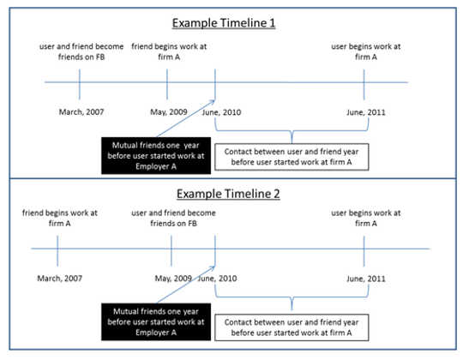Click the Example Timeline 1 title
224,23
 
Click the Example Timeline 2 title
228,194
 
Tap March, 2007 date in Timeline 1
81,112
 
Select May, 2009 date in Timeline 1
169,112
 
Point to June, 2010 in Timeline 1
221,112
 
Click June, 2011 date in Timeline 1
366,112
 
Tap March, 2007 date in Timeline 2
60,279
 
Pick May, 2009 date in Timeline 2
173,279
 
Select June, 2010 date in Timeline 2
217,279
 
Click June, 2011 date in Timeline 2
366,279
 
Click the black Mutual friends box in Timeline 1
156,155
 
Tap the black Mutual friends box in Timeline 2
156,321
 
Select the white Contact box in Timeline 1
292,157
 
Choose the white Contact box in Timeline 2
292,327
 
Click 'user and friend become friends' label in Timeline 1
81,51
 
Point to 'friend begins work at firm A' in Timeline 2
60,218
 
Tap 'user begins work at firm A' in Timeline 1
366,51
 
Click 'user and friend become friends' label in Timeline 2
173,218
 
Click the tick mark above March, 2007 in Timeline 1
80,84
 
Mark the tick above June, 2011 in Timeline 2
364,251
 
